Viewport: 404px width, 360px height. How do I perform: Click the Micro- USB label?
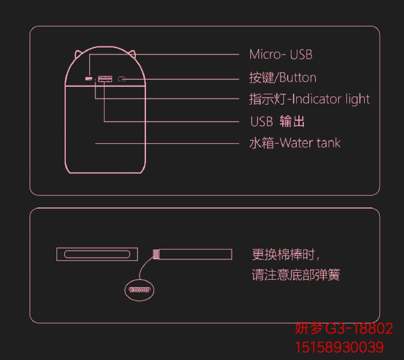pyautogui.click(x=281, y=54)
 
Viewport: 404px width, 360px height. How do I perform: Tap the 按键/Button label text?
pyautogui.click(x=282, y=78)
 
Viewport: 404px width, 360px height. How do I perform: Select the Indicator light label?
pyautogui.click(x=309, y=99)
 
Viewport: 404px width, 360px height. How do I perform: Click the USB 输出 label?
pyautogui.click(x=277, y=122)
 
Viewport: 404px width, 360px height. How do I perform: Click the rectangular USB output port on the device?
pyautogui.click(x=105, y=79)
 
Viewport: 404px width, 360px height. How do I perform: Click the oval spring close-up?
pyautogui.click(x=139, y=289)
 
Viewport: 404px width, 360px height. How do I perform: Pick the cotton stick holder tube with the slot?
pyautogui.click(x=96, y=253)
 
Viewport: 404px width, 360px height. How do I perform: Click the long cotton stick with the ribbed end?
pyautogui.click(x=192, y=253)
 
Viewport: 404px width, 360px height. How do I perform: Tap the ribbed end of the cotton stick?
pyautogui.click(x=156, y=253)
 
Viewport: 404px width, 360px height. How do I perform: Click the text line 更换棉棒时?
pyautogui.click(x=286, y=253)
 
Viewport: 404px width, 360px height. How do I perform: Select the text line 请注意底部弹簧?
pyautogui.click(x=295, y=275)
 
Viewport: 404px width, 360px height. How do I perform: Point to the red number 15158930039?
pyautogui.click(x=339, y=347)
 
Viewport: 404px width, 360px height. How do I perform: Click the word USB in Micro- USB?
pyautogui.click(x=301, y=54)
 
